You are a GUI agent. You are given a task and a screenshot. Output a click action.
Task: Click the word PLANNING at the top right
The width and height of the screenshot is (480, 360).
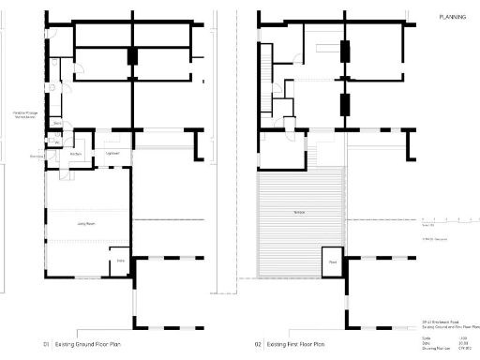tap(455, 17)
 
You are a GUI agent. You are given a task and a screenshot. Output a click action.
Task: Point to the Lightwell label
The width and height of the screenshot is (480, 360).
tap(112, 153)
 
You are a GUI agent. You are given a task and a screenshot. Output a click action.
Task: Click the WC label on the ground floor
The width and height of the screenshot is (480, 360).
tap(56, 143)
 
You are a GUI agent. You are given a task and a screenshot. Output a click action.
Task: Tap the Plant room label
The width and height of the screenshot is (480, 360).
tap(333, 262)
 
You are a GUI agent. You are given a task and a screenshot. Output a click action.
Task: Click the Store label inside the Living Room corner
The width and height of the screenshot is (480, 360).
tap(120, 260)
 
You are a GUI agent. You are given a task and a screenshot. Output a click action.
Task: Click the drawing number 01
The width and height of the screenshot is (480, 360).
tap(44, 344)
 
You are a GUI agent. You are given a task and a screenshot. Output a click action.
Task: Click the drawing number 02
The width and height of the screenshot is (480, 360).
tap(258, 344)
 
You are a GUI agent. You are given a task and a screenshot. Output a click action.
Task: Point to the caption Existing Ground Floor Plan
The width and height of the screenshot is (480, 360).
tap(92, 344)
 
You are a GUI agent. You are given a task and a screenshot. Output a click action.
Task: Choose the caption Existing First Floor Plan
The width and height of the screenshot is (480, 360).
tap(303, 344)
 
